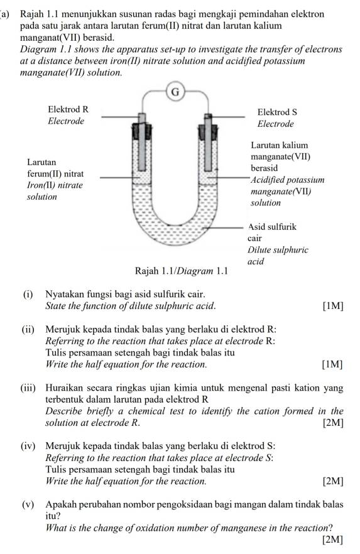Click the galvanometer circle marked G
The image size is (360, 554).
click(x=175, y=93)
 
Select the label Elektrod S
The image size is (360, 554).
click(x=277, y=112)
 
